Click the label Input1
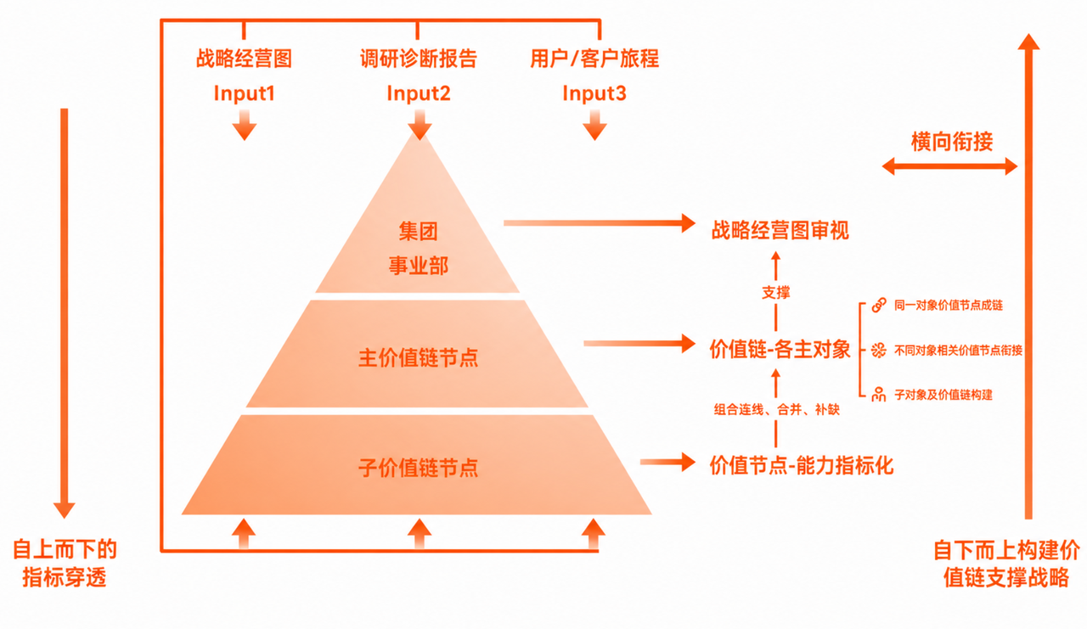coord(244,93)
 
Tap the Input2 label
coord(419,93)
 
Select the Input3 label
coord(594,93)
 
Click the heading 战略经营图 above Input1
coord(244,59)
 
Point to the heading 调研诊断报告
coord(419,59)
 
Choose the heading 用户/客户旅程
coord(594,59)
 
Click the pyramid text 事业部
coord(419,266)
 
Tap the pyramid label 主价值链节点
coord(419,358)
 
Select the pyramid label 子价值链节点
coord(419,468)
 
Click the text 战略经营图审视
coord(780,230)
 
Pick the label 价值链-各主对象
coord(780,349)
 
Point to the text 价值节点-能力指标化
coord(802,465)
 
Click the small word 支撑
coord(776,293)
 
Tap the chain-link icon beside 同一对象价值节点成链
coord(879,306)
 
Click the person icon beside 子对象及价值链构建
coord(878,394)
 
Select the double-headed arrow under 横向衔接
coord(949,166)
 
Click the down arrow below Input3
coord(594,125)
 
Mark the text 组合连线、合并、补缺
coord(776,410)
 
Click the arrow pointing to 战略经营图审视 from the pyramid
coord(600,223)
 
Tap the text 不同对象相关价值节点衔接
coord(959,350)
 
